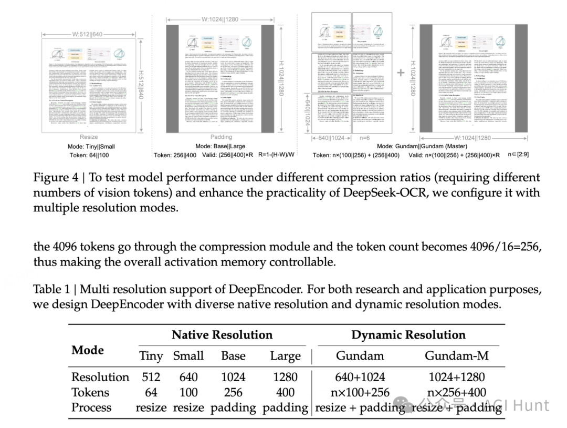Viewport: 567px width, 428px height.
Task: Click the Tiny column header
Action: click(151, 356)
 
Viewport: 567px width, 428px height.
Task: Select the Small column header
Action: click(188, 356)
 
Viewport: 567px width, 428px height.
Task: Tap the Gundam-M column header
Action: click(456, 356)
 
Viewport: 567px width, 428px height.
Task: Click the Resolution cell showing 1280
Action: click(285, 377)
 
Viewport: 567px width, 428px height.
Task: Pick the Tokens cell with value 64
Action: click(151, 392)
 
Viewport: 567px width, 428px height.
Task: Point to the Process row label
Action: click(91, 407)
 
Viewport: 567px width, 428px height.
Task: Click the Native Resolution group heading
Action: click(222, 335)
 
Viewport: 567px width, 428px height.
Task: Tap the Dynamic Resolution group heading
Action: click(408, 335)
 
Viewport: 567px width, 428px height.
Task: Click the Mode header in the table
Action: click(88, 350)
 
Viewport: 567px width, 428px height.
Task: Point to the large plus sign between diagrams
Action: click(401, 73)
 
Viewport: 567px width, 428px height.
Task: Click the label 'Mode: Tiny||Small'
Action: click(91, 146)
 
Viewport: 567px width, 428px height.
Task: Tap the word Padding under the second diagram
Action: click(221, 137)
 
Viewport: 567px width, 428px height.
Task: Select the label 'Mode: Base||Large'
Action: click(220, 146)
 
